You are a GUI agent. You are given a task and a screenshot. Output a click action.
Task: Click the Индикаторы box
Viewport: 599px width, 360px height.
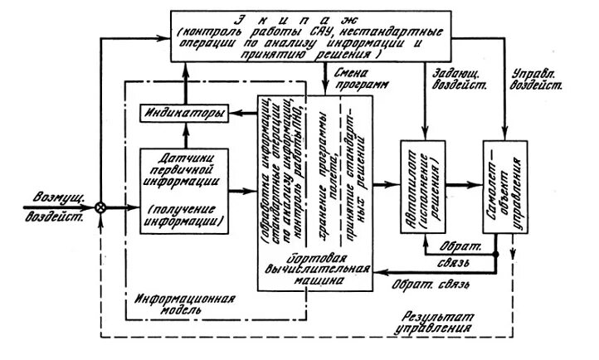pyautogui.click(x=184, y=114)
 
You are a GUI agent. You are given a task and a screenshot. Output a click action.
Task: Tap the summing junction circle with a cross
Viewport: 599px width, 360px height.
pyautogui.click(x=100, y=207)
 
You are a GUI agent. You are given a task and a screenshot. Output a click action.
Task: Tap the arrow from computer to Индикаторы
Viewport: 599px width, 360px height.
pyautogui.click(x=244, y=114)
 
